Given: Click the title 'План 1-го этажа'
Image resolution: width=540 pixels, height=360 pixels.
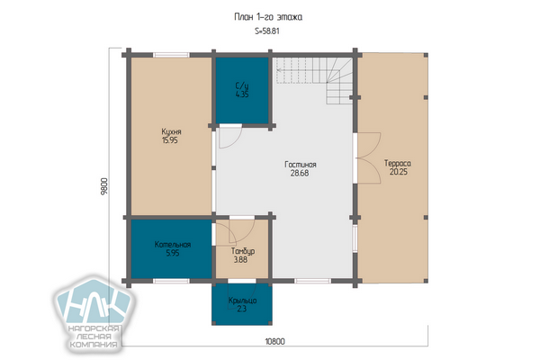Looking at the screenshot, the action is (268, 17).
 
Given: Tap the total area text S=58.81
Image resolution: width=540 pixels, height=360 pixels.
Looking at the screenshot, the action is (267, 31).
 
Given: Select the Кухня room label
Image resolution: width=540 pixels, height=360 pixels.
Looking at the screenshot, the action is (171, 131).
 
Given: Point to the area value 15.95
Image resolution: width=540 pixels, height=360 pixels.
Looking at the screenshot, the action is (170, 140).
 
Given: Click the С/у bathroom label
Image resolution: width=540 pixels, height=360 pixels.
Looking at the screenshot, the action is (242, 85).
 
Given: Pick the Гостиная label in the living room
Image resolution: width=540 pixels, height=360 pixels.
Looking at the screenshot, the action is (301, 165).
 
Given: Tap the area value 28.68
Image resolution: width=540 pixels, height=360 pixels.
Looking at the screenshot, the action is (300, 174).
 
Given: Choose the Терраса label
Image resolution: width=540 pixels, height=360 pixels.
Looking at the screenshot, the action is (398, 163).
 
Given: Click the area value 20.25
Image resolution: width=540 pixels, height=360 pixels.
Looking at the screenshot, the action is (399, 172).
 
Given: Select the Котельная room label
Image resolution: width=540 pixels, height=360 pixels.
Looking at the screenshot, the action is (173, 245).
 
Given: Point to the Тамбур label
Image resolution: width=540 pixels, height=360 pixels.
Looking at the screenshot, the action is (243, 251).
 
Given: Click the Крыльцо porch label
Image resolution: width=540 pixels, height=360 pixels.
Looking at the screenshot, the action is (242, 301).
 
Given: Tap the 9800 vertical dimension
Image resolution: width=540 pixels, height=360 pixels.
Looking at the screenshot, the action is (104, 186).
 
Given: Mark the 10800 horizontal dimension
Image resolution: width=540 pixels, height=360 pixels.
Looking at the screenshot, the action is (274, 341).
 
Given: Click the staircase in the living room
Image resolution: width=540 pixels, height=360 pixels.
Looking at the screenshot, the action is (314, 81).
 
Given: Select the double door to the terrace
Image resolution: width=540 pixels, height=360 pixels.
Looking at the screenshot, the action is (368, 157).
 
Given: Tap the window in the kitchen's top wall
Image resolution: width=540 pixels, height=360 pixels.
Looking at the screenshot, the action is (171, 55).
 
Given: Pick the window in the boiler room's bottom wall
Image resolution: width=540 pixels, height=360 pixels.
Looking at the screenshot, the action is (171, 281).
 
